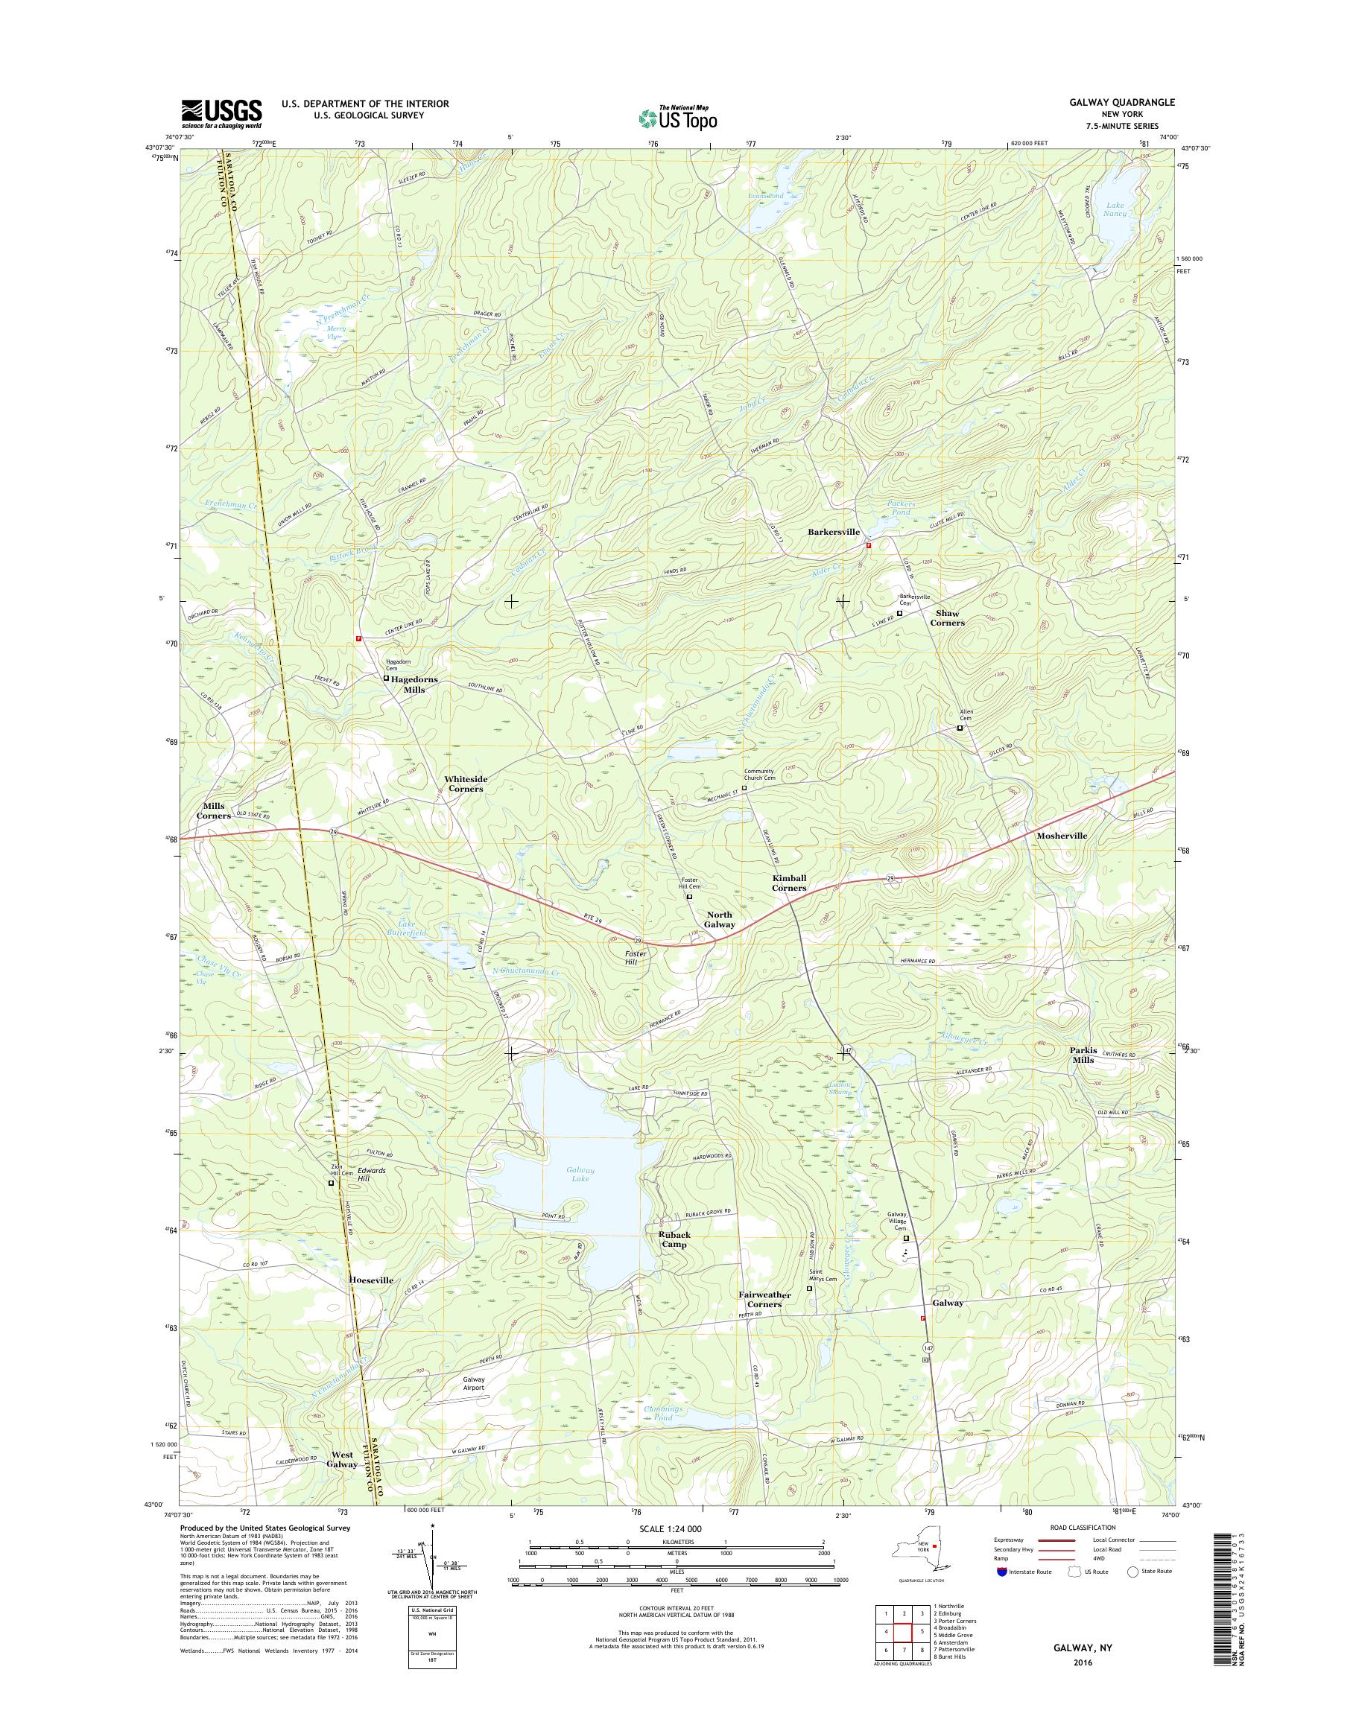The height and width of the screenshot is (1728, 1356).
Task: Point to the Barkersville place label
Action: [x=834, y=532]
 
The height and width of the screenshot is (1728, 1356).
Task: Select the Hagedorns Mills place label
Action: [x=411, y=685]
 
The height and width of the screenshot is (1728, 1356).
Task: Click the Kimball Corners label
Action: [x=789, y=883]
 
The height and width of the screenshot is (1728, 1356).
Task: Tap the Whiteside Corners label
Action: [x=466, y=784]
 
